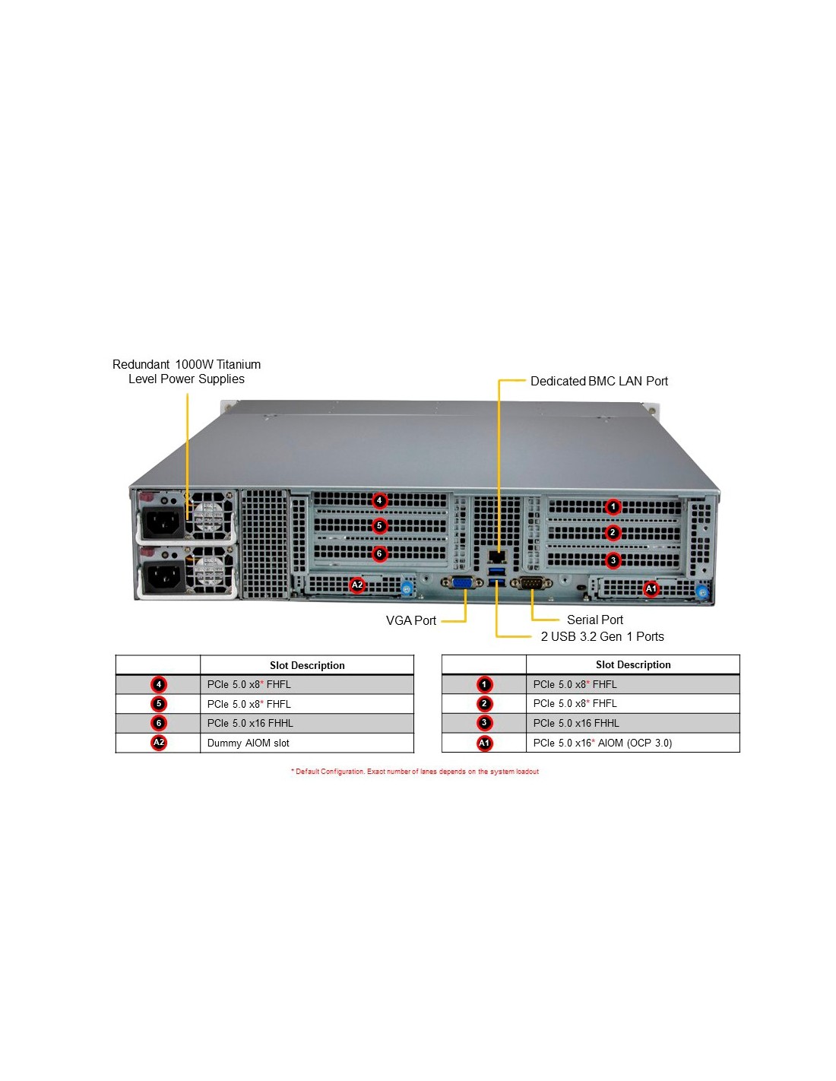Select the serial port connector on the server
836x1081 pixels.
[532, 583]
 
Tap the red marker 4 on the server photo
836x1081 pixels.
[379, 500]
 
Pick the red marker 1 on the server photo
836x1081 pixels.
[613, 506]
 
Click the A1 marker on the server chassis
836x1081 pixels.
[651, 588]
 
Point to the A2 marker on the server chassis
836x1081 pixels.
[356, 585]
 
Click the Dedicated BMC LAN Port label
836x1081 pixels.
[599, 381]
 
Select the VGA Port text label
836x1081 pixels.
[410, 620]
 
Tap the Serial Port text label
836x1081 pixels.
[594, 620]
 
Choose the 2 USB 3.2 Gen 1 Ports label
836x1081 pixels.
[602, 636]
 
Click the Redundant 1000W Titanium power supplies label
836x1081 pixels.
[186, 372]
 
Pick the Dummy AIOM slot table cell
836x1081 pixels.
[248, 743]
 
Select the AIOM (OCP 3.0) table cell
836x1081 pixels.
[602, 743]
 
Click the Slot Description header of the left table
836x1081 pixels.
[307, 665]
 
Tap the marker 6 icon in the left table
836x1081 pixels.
[159, 723]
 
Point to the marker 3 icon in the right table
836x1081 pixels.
[484, 723]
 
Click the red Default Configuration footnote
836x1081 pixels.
[415, 772]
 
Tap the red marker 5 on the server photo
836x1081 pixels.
[379, 526]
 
